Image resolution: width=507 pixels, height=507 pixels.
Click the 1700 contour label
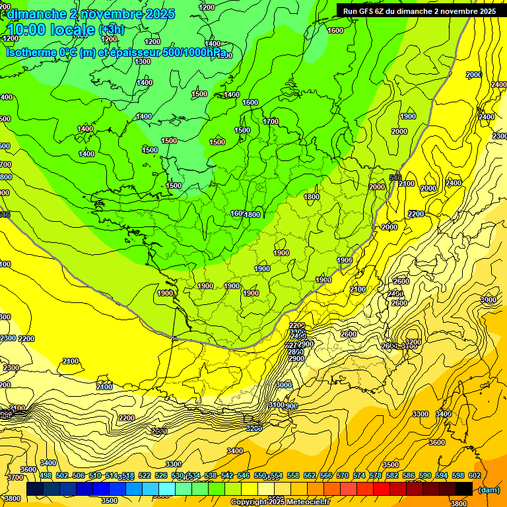271,121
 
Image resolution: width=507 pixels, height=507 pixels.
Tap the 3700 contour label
14,477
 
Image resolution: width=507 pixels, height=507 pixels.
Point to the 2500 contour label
158,431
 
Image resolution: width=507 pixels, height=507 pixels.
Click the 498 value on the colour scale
46,475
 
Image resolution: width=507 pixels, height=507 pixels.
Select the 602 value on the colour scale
474,475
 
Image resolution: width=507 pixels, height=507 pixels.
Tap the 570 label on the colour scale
342,475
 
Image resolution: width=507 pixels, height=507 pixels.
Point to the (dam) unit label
489,489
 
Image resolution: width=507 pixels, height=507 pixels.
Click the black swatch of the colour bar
464,489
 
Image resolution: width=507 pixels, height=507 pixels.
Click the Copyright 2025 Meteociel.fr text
280,502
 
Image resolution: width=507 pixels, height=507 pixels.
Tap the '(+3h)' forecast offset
110,30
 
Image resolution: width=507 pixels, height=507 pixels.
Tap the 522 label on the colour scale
145,475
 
